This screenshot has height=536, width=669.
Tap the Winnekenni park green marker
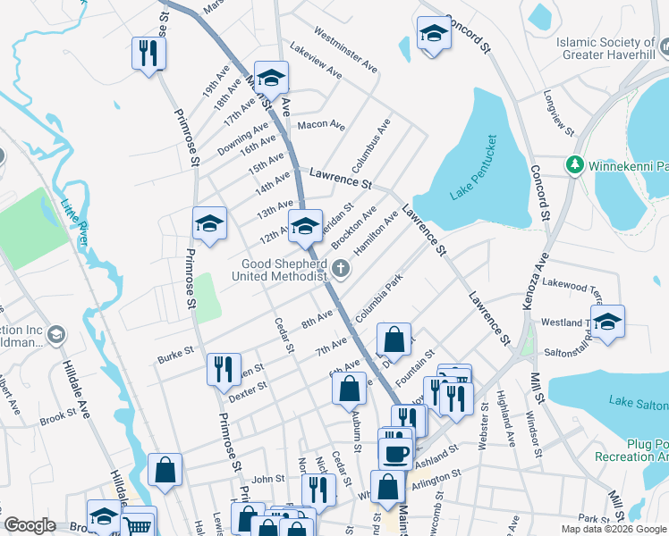click(574, 165)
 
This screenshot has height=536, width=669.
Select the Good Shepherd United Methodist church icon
click(340, 268)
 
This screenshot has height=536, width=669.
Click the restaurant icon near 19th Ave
click(147, 54)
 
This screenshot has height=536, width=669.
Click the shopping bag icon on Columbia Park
click(394, 339)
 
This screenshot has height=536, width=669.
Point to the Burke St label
click(175, 354)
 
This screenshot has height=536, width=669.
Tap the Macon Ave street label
click(321, 125)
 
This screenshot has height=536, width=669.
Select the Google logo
click(30, 525)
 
